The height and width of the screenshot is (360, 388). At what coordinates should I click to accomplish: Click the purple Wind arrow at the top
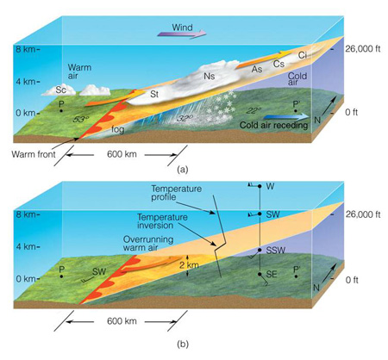tap(182, 34)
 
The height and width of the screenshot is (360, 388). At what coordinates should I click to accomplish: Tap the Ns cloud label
tap(210, 76)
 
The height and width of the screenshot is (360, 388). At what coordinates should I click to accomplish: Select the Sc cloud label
tap(60, 90)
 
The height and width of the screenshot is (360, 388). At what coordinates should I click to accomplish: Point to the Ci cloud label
tap(302, 55)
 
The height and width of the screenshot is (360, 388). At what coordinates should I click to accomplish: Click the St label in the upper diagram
tap(154, 94)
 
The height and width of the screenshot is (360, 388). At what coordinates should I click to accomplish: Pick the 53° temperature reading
tap(80, 119)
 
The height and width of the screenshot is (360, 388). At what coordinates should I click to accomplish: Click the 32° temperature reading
tap(184, 118)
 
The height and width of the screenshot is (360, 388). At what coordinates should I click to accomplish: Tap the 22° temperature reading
tap(253, 110)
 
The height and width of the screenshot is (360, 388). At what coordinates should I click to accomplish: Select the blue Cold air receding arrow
tap(286, 117)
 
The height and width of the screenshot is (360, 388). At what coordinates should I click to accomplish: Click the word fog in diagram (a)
tap(118, 130)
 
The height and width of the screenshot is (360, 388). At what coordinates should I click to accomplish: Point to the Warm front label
tap(34, 154)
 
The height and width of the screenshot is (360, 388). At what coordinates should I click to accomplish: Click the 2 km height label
tap(189, 265)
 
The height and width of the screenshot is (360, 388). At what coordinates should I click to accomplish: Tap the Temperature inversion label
tap(162, 221)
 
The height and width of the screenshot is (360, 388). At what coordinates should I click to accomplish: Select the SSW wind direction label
tap(276, 251)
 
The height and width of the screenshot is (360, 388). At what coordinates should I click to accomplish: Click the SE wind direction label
tap(272, 275)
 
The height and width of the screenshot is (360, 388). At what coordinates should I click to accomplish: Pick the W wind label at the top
tap(270, 186)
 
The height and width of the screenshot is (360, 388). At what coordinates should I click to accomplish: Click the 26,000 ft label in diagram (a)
tap(363, 49)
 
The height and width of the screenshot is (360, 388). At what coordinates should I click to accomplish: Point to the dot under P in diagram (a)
tap(61, 110)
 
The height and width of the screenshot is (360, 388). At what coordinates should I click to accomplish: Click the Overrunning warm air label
tap(148, 244)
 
